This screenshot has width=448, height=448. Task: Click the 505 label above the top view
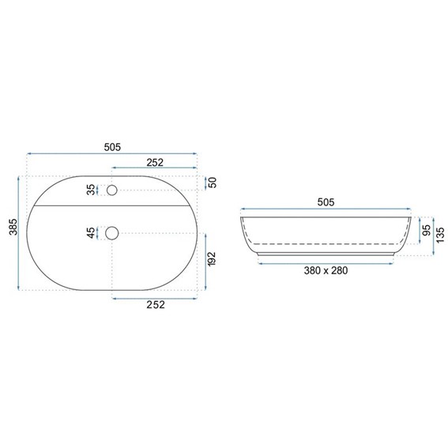[x=112, y=147]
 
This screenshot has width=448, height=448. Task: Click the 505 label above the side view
[x=326, y=202]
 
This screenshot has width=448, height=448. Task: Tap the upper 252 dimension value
[x=155, y=163]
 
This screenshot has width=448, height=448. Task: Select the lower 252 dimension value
[x=156, y=304]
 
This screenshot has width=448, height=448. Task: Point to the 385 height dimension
[x=13, y=227]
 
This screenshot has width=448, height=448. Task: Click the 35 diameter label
[x=91, y=190]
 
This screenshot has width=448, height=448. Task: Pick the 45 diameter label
[x=91, y=233]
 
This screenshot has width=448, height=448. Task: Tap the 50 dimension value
[x=213, y=183]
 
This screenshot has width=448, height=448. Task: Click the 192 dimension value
[x=212, y=259]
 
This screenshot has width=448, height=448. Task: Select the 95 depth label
[x=427, y=230]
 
